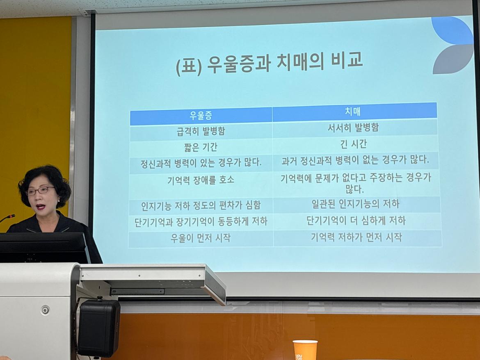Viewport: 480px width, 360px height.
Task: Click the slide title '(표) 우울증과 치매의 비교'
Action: point(269,65)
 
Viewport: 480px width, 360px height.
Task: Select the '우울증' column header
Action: point(201,115)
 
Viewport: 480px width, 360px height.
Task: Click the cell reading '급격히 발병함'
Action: point(201,132)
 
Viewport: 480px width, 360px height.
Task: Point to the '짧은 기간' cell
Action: point(201,147)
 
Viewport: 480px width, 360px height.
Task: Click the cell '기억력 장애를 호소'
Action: point(201,180)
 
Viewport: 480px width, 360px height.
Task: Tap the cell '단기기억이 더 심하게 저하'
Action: point(356,221)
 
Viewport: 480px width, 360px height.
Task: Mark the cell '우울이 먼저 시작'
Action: point(201,238)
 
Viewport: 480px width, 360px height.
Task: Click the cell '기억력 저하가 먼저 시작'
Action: point(356,237)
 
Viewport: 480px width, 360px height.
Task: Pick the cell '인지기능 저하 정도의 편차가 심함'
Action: point(201,205)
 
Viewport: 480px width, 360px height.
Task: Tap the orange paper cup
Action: point(305,350)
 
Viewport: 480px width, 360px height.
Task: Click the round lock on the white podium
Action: point(45,310)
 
